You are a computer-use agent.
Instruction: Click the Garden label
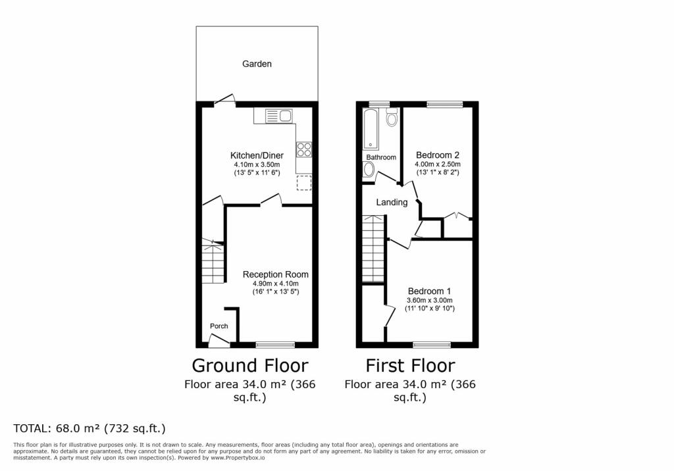(257, 64)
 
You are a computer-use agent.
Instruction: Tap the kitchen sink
(278, 116)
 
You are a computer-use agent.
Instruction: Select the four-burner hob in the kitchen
(304, 149)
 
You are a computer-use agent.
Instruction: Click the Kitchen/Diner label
(257, 155)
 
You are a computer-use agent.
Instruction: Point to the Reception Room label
(276, 274)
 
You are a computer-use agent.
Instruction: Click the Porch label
(219, 326)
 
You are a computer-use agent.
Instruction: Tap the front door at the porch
(219, 341)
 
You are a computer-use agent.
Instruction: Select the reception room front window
(275, 345)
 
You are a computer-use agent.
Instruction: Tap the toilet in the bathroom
(392, 117)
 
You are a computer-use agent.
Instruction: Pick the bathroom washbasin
(369, 170)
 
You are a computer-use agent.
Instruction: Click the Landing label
(392, 202)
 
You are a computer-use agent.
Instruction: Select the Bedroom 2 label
(438, 155)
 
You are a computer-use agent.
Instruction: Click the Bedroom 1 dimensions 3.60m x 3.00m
(429, 301)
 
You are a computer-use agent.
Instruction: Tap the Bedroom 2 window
(444, 103)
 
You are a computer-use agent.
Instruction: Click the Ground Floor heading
(249, 366)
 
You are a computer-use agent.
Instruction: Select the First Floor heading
(410, 366)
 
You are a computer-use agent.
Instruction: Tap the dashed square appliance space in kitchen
(304, 183)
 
